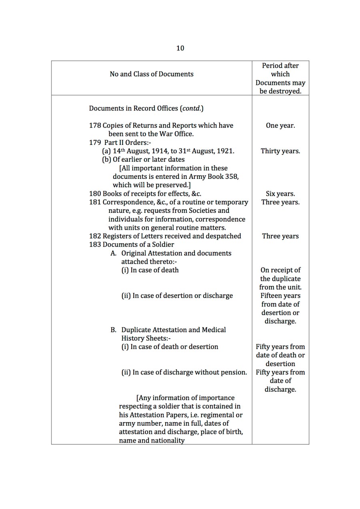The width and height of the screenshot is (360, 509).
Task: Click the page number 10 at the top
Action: (x=180, y=48)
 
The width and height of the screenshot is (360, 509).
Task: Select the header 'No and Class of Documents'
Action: (x=151, y=74)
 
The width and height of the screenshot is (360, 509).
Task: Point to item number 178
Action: (x=95, y=125)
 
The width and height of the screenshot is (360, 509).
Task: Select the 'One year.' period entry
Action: (x=280, y=125)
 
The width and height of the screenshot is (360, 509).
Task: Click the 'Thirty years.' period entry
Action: (x=280, y=151)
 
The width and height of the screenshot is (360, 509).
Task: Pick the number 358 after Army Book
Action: (x=233, y=176)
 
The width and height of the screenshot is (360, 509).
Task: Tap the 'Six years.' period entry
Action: (x=280, y=194)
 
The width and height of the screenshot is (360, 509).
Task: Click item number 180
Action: (x=95, y=194)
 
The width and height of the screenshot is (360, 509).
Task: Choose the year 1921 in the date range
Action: (x=225, y=151)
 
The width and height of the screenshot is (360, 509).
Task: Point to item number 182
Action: (x=95, y=236)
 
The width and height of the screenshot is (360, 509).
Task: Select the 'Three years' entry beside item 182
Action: (x=280, y=236)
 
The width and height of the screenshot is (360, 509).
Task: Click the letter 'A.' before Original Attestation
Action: (x=114, y=253)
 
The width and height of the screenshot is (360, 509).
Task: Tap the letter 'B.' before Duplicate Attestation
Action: (x=114, y=330)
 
